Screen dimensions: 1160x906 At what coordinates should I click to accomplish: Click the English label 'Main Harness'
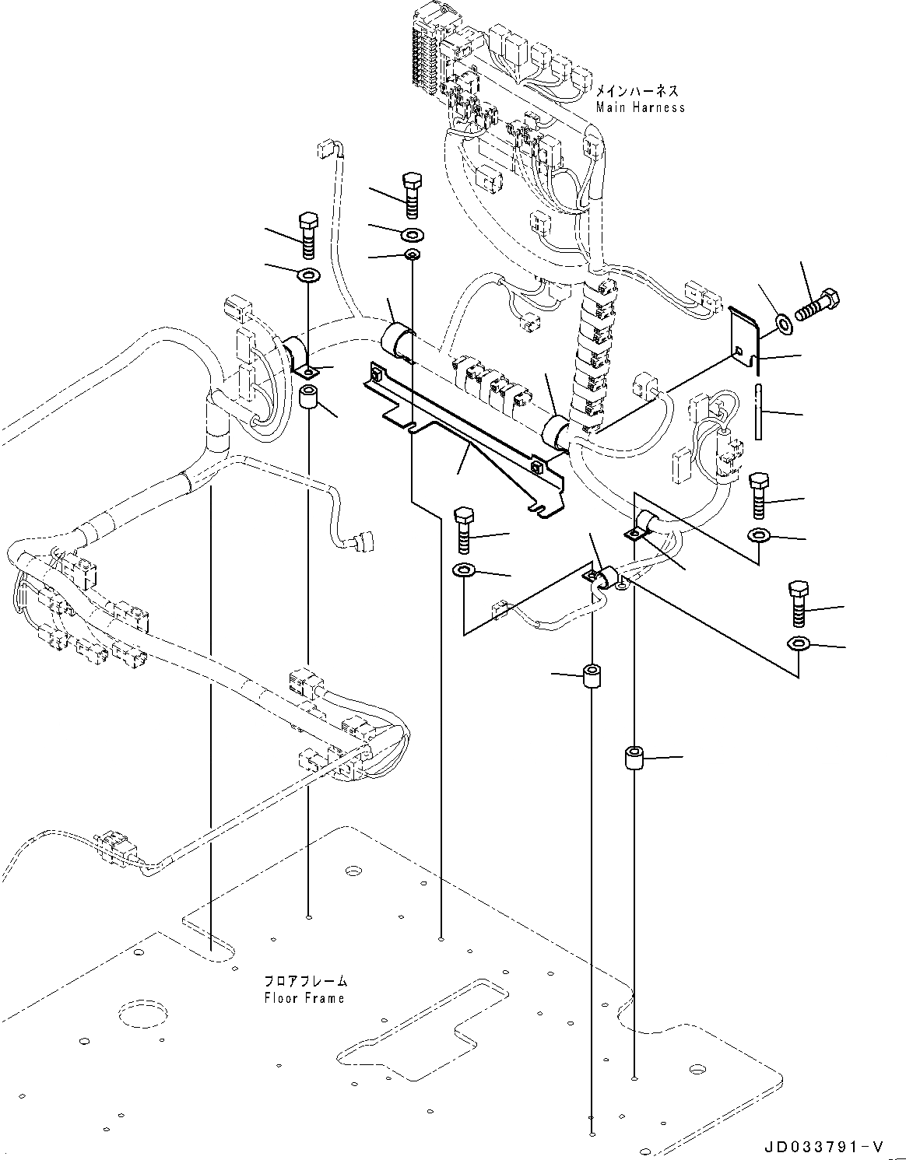(641, 107)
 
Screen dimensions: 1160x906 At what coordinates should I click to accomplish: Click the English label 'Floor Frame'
(303, 997)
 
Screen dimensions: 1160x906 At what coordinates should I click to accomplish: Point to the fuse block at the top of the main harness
(427, 54)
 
